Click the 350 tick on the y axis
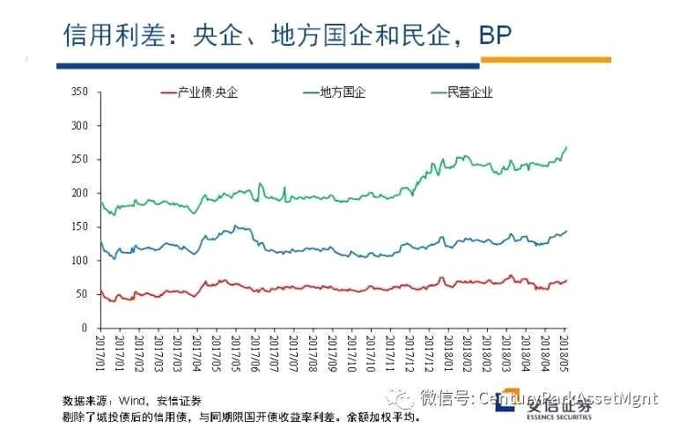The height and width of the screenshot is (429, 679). [x=80, y=92]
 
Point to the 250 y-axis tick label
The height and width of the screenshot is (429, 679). [x=80, y=159]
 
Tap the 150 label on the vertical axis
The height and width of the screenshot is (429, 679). [x=80, y=226]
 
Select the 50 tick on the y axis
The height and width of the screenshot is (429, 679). [x=82, y=293]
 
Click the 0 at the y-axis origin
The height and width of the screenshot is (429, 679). [x=85, y=328]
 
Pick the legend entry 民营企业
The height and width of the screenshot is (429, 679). [x=470, y=92]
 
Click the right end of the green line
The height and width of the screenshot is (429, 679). [x=566, y=147]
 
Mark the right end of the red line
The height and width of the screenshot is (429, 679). [x=566, y=280]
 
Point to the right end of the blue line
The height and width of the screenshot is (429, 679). [x=566, y=231]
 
